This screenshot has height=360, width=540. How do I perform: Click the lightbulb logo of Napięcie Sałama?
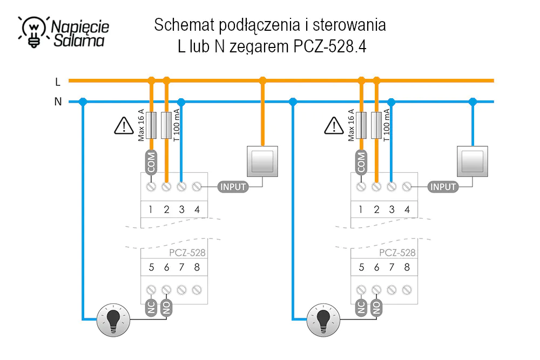pos(33,32)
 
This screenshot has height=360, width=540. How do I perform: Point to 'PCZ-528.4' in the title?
pos(330,46)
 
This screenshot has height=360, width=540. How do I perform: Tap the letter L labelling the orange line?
pos(58,82)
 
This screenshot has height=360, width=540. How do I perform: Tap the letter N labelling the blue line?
pos(58,101)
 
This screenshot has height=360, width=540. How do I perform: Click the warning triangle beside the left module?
pos(124,126)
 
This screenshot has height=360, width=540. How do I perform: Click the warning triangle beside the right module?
pos(334,126)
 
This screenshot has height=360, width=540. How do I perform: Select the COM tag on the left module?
pos(151,162)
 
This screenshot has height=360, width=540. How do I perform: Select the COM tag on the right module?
pos(361,162)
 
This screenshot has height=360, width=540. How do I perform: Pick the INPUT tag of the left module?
pos(233,187)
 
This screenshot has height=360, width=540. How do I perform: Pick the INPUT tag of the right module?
pos(443,187)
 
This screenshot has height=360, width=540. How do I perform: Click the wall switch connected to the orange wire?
pos(262,161)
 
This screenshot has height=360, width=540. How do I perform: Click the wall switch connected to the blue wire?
pos(473,161)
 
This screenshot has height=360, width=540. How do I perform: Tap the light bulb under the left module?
pos(113,320)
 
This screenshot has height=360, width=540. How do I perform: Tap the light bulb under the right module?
pos(323,320)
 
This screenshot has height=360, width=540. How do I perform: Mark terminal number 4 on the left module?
pos(197,209)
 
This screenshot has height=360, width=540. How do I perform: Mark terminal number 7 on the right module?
pos(391,267)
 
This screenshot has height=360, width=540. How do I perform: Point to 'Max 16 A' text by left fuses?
pos(141,125)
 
